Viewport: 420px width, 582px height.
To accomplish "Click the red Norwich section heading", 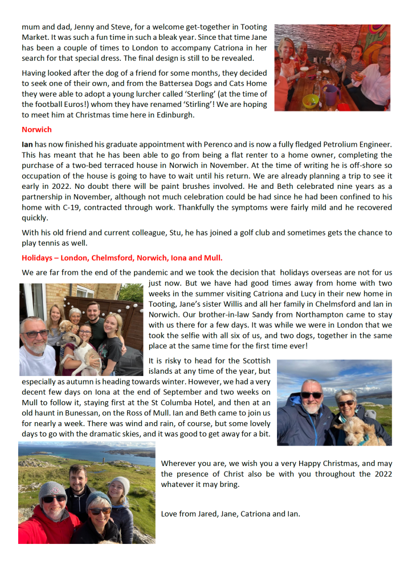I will click(x=36, y=130).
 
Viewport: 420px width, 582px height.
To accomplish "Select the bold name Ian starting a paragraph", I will click(x=27, y=145).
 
